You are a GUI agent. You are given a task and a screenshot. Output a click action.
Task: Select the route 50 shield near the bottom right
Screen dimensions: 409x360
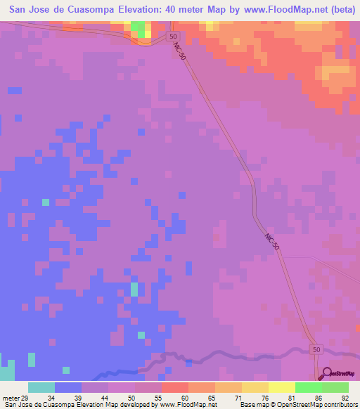[316, 349]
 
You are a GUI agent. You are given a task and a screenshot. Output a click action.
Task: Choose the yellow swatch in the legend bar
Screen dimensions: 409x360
[281, 387]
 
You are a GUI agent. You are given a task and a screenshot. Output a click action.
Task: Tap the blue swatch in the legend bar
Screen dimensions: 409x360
[67, 387]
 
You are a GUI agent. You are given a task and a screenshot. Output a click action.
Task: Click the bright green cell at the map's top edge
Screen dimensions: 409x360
[141, 29]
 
